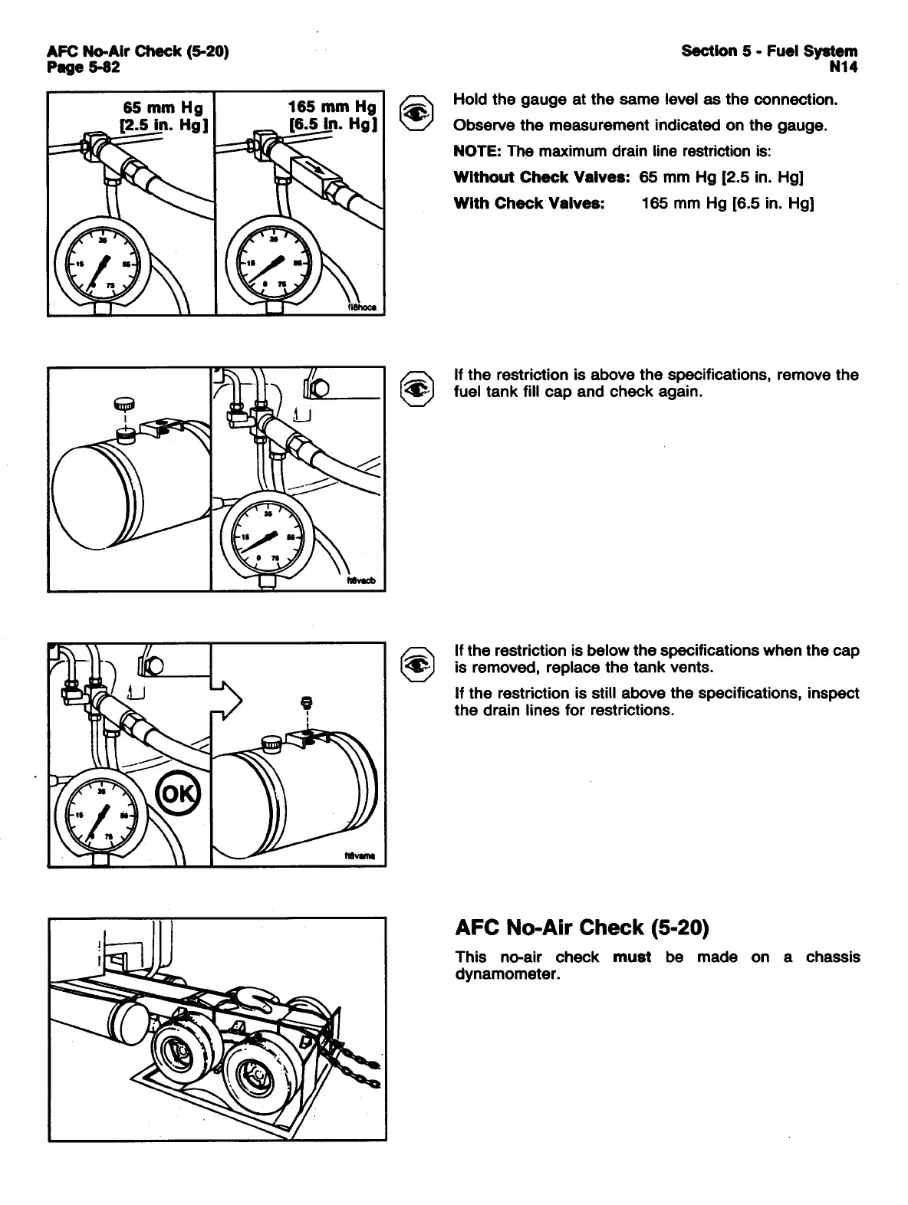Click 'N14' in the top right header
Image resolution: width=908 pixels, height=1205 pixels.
(843, 67)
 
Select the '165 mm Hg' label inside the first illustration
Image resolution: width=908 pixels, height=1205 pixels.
(332, 107)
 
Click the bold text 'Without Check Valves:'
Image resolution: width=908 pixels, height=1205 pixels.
(542, 178)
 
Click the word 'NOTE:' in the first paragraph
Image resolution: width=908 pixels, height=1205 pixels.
(475, 151)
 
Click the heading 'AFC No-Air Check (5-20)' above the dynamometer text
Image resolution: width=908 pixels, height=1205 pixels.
(581, 928)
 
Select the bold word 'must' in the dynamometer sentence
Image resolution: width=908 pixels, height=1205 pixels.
(632, 957)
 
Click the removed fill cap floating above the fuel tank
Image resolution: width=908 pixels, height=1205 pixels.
(124, 403)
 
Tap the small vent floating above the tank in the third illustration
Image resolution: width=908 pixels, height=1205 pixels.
(306, 701)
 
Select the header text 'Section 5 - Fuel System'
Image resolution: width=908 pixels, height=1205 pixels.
(769, 51)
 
